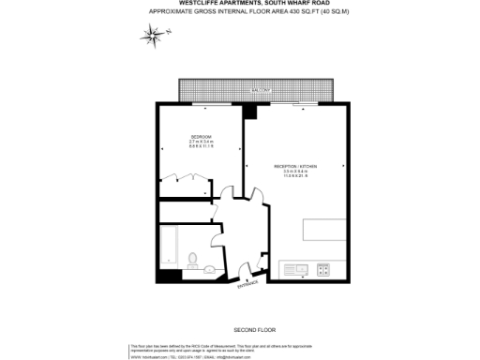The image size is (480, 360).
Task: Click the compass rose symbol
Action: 152,36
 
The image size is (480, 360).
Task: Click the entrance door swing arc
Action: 247,271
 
